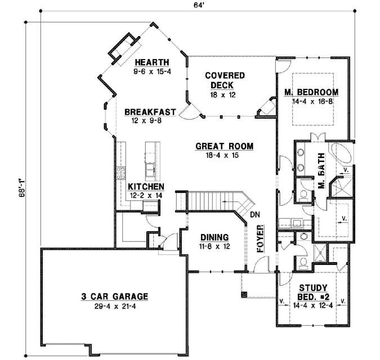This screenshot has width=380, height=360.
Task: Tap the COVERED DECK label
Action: (225, 80)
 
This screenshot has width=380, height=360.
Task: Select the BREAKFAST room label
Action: (150, 111)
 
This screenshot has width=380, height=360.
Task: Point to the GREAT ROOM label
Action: (224, 146)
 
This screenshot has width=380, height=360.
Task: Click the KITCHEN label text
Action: (146, 187)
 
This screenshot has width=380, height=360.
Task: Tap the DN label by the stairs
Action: (254, 214)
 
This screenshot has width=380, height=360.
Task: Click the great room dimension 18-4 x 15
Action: (224, 155)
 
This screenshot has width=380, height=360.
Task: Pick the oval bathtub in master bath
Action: (341, 154)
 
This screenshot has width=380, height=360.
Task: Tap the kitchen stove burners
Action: (120, 172)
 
